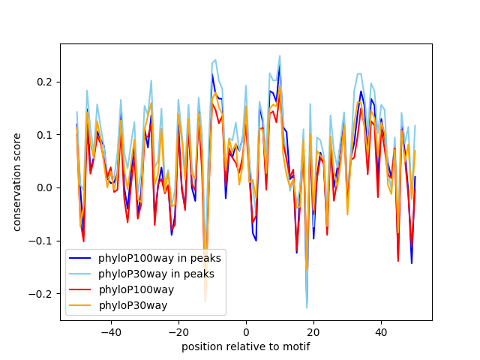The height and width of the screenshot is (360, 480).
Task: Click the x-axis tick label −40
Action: pos(111,332)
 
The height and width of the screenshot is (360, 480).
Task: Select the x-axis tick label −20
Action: pos(178,332)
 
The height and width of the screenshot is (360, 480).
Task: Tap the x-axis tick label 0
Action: pos(246,332)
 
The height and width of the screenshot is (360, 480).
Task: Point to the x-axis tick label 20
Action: pos(313,332)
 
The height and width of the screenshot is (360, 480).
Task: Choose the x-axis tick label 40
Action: pos(381,332)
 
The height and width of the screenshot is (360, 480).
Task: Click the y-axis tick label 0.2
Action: pos(46,82)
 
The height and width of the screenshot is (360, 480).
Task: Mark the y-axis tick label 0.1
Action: pos(46,135)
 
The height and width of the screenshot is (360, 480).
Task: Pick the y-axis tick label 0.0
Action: pos(46,187)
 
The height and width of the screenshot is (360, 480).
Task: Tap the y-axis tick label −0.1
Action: pos(43,241)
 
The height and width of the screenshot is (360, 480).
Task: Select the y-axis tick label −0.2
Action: pos(43,293)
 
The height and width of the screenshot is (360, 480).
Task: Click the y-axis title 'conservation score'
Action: pos(17,182)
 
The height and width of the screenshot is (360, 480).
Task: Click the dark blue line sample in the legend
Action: pos(80,259)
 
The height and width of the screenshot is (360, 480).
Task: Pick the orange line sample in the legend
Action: pos(80,305)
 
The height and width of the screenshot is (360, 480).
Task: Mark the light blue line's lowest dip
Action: pos(307,307)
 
